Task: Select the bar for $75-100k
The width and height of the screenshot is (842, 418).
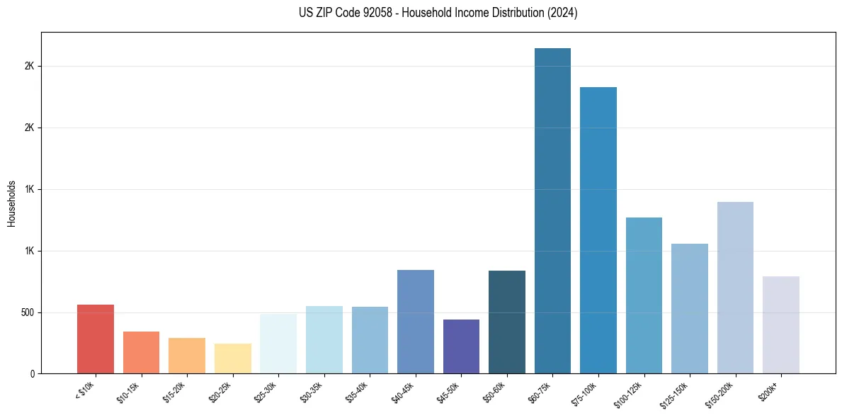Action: [x=598, y=230]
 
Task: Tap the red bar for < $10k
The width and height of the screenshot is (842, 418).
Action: [x=96, y=339]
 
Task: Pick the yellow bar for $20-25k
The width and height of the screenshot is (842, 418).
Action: [x=233, y=358]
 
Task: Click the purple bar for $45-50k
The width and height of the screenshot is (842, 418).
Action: [x=461, y=346]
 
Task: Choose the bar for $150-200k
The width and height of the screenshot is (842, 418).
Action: [x=735, y=288]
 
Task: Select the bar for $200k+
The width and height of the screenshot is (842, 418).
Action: [x=781, y=325]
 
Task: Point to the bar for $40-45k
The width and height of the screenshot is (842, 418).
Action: [x=416, y=322]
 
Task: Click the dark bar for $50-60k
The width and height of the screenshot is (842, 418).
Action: [x=507, y=322]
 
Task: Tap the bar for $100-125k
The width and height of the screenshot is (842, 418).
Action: [x=644, y=295]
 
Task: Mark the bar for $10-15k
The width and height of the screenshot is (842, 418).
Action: [x=141, y=352]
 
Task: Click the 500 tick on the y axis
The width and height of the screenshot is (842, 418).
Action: [x=28, y=312]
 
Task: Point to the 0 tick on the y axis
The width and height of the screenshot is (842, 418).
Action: [x=33, y=374]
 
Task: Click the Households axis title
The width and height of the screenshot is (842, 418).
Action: [x=11, y=203]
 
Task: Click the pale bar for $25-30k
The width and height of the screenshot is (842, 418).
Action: [x=278, y=344]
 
